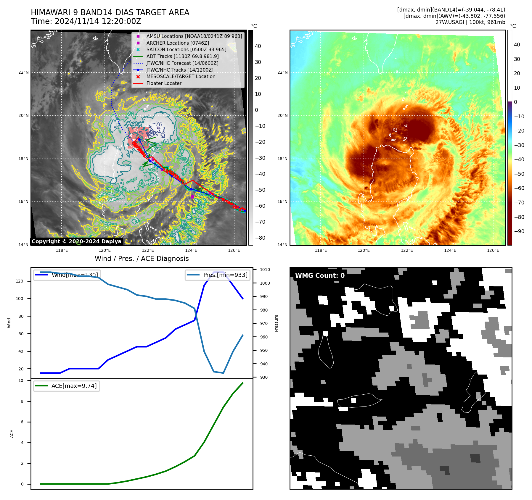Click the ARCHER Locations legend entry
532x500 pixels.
tap(177, 43)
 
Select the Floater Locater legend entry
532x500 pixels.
tap(164, 83)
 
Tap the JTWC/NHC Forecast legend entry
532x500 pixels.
tap(182, 63)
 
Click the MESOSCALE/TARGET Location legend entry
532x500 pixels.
tap(181, 76)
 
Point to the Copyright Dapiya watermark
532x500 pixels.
tap(76, 241)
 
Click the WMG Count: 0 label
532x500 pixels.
tap(320, 275)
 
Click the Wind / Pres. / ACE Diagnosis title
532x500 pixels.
tap(142, 259)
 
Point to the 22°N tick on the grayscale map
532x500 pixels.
tap(23, 72)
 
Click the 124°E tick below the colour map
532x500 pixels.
tap(450, 250)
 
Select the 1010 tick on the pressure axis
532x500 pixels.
tap(265, 270)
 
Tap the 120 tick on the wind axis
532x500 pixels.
tap(20, 281)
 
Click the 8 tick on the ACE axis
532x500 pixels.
tap(22, 401)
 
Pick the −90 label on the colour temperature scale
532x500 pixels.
tap(519, 231)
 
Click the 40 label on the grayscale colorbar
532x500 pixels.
tap(258, 46)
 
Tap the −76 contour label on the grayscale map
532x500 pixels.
tap(157, 124)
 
